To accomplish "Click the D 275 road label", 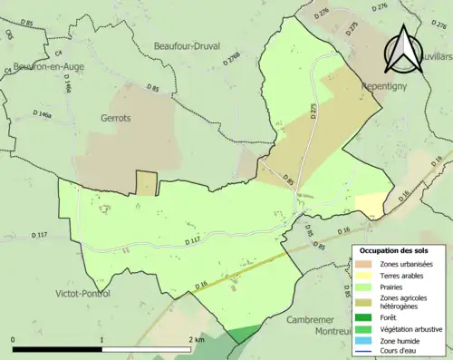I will pos(314,109).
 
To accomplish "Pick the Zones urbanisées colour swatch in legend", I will pos(365,263).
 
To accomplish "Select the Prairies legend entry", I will pos(394,286).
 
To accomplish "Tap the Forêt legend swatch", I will pos(365,317).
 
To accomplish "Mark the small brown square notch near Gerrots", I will pos(146,182).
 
